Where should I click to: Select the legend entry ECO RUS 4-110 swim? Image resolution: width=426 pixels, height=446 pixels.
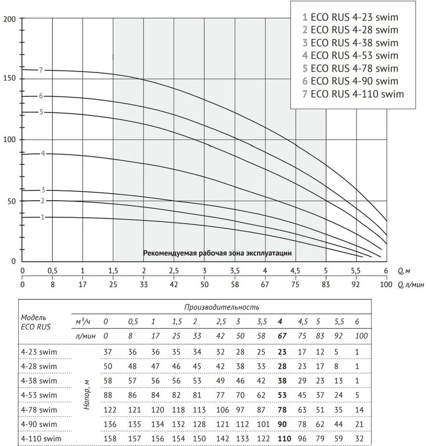[353, 94]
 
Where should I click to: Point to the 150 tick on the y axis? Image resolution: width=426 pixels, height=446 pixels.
[10, 79]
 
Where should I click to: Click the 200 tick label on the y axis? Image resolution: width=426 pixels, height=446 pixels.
[10, 19]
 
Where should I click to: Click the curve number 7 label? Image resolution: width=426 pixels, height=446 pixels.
[42, 70]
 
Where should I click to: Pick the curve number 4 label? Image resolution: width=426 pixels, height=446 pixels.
[43, 154]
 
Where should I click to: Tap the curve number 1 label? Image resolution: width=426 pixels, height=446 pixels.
[43, 217]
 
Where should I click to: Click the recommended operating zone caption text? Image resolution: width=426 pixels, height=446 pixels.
[217, 253]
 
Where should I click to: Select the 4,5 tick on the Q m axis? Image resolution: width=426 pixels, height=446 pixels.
[295, 271]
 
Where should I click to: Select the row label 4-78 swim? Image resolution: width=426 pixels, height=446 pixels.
[39, 410]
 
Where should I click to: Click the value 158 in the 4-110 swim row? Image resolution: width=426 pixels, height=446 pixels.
[109, 439]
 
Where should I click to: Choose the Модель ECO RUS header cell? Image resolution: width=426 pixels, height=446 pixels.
[36, 322]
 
